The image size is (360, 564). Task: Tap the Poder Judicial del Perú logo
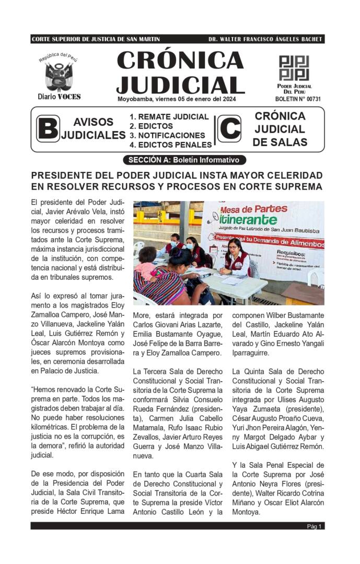pos(294,68)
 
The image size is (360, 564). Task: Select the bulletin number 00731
pos(298,99)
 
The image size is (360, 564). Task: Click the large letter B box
pos(48,128)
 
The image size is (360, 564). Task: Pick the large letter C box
pos(229,128)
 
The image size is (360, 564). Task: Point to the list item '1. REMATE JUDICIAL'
pos(169,117)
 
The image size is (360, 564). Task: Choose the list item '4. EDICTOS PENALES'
pos(171,145)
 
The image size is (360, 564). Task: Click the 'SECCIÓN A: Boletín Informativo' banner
pos(183,160)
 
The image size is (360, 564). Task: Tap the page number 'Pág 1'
pos(314,526)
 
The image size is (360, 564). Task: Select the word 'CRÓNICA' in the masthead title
pos(180,61)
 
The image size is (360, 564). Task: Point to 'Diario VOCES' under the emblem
pos(59,97)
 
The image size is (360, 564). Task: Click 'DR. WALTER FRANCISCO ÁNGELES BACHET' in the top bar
pos(265,39)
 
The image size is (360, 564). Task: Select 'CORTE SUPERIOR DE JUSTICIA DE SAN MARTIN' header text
pos(96,39)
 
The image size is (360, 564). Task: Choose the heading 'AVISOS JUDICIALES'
pos(94,128)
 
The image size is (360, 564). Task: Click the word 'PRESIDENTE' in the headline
pos(62,175)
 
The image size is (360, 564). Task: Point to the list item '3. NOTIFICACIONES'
pos(167,135)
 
